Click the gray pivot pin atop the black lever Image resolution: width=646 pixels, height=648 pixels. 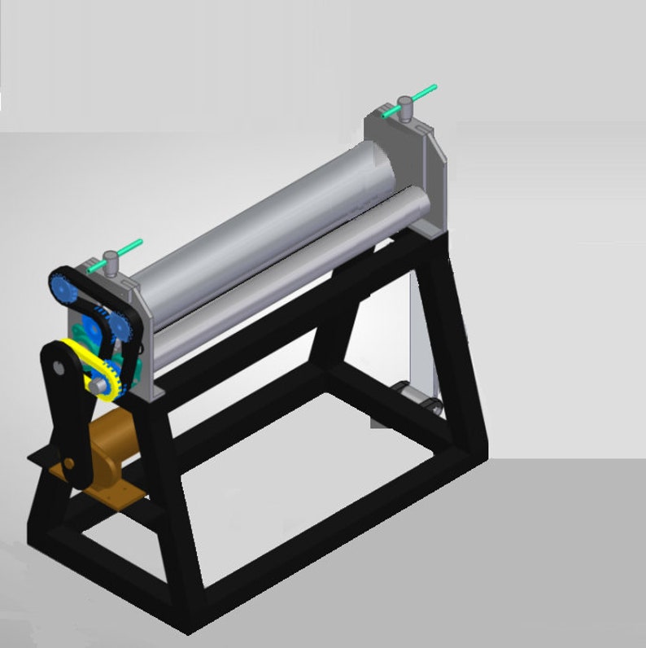pos(58,367)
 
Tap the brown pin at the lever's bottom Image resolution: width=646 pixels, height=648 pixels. pos(69,463)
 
